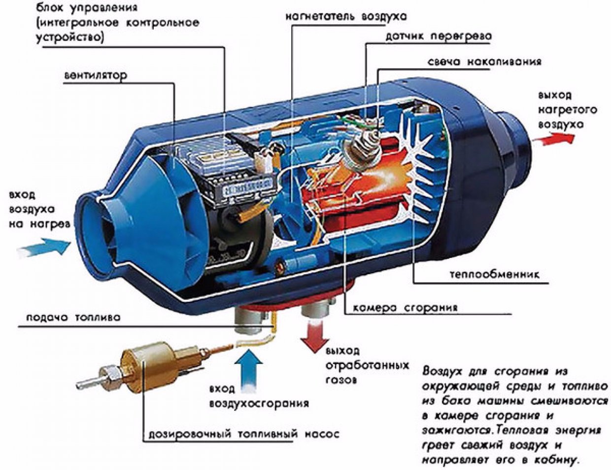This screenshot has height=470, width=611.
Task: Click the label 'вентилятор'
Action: [95, 75]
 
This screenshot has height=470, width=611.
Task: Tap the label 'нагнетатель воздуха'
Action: [346, 16]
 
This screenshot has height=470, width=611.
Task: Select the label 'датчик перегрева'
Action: [438, 36]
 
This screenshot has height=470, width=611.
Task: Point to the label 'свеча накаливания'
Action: [484, 62]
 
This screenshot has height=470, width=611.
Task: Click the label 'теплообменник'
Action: [494, 274]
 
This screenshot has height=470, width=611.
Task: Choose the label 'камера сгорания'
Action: [405, 308]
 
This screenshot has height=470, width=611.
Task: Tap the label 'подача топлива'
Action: [73, 318]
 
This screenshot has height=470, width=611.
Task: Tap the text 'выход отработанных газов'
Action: [367, 365]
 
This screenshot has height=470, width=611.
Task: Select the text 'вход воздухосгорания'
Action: [259, 396]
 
